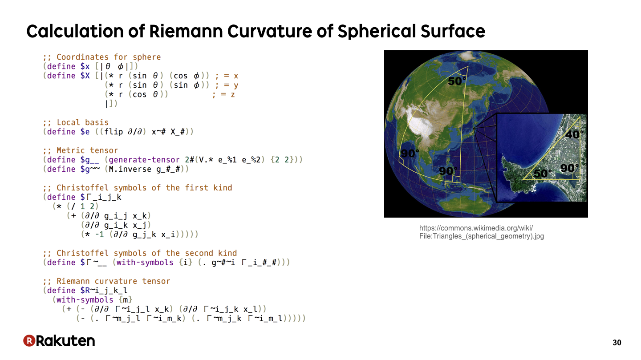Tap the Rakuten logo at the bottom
(59, 340)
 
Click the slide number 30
(617, 343)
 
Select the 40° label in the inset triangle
(574, 134)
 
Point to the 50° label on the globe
(457, 81)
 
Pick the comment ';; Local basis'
(76, 122)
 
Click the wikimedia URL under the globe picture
(482, 232)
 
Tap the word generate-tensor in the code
(144, 160)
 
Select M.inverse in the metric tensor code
(130, 169)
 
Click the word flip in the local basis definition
(114, 132)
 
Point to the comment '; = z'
(223, 94)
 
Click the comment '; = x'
(227, 76)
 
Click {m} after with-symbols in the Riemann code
(126, 300)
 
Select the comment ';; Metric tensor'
(81, 150)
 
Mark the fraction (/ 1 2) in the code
(83, 206)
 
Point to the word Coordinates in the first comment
(83, 57)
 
